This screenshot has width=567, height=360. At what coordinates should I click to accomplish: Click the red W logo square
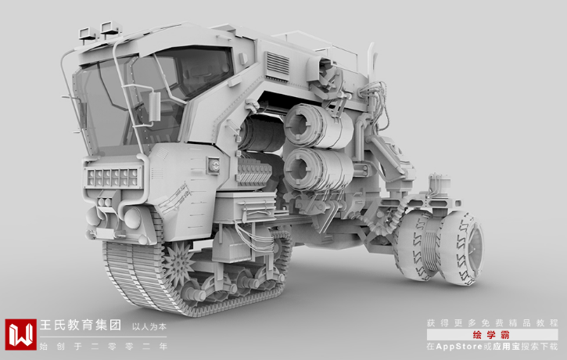click(20, 334)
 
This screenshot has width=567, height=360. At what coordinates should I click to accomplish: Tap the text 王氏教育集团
click(81, 325)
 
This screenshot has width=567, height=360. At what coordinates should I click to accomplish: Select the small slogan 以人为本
click(149, 326)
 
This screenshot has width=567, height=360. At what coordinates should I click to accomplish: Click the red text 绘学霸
click(490, 335)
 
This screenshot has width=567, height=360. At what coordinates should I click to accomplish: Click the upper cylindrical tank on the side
click(317, 125)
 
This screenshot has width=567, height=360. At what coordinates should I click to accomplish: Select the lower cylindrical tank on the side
click(318, 169)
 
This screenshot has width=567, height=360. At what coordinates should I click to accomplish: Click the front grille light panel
click(113, 177)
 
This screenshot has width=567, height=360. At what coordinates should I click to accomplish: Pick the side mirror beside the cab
click(154, 106)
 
